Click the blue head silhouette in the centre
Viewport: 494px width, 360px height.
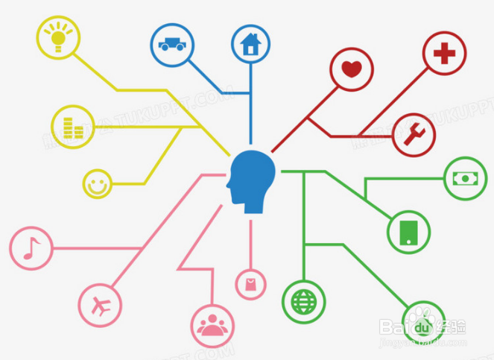(x=252, y=178)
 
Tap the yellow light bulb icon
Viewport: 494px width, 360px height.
(x=59, y=35)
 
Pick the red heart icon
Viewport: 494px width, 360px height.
(x=352, y=69)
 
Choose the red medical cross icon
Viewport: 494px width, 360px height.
(x=444, y=54)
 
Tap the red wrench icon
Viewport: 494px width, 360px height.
(x=414, y=135)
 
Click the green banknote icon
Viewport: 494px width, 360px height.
(x=466, y=179)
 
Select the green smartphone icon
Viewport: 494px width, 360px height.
(x=409, y=231)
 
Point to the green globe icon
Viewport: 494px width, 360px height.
(x=303, y=302)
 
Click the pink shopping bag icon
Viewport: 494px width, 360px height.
(x=251, y=283)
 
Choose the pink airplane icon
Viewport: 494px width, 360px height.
(x=99, y=303)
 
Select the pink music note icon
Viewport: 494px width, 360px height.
(x=31, y=247)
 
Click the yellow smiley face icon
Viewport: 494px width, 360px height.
(x=96, y=183)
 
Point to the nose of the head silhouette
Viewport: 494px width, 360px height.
(x=229, y=185)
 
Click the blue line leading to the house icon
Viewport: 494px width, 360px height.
(x=251, y=104)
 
